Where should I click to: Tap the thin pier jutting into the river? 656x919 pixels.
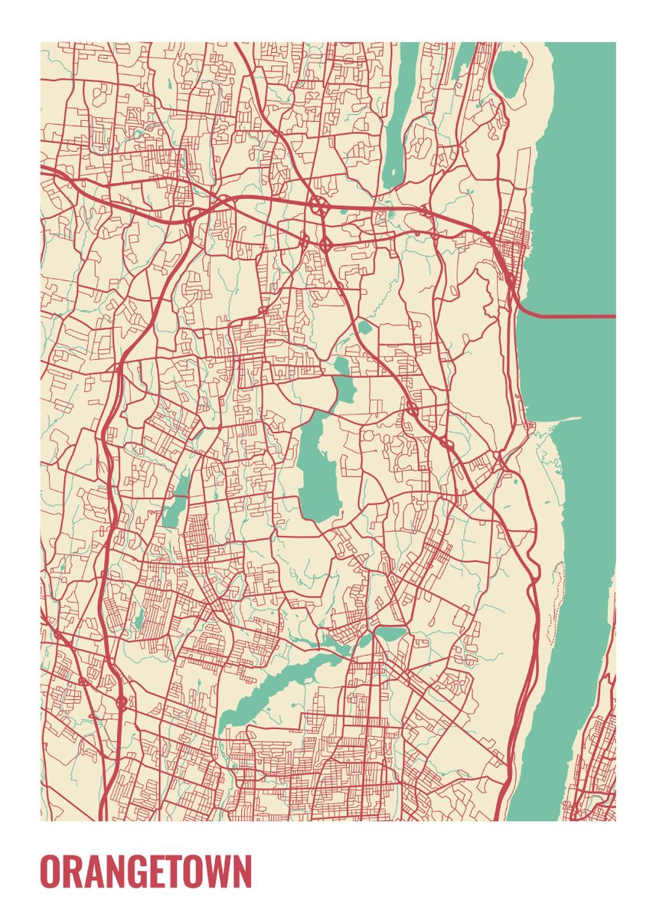pos(563,419)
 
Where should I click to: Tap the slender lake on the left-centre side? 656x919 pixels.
pos(176,502)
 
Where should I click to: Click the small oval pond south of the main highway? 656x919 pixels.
pos(365,329)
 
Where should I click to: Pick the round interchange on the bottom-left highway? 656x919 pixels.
pos(121,700)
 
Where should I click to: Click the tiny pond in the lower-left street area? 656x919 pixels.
pos(139,621)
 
